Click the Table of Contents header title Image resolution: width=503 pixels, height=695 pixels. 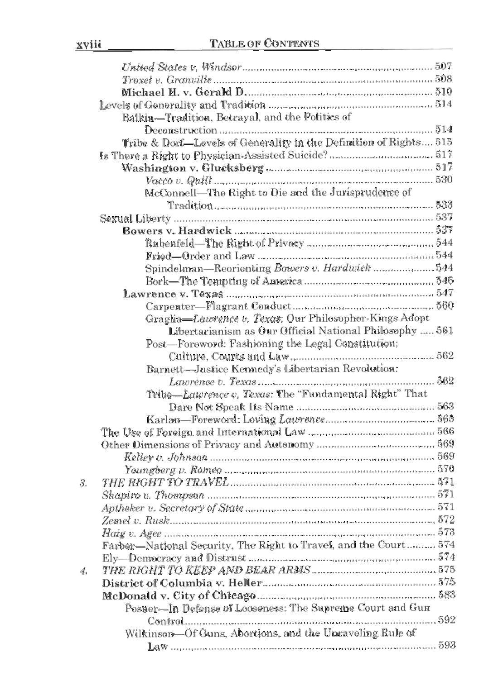(x=265, y=43)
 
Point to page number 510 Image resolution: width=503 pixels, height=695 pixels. (x=443, y=92)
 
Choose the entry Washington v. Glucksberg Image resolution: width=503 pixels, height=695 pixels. (x=193, y=168)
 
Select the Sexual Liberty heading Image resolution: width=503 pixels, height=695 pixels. (x=135, y=219)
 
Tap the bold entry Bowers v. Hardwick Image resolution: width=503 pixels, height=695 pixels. (x=177, y=231)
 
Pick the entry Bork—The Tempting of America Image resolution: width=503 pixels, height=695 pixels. (x=224, y=281)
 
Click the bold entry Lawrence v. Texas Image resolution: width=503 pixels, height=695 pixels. (x=173, y=294)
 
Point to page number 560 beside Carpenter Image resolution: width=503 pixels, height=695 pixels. (x=445, y=306)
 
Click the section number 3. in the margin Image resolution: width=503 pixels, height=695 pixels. (x=83, y=482)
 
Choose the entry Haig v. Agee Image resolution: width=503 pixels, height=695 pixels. (x=132, y=533)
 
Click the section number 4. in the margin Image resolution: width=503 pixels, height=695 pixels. (x=83, y=571)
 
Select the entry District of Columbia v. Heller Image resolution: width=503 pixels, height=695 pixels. (x=182, y=583)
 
